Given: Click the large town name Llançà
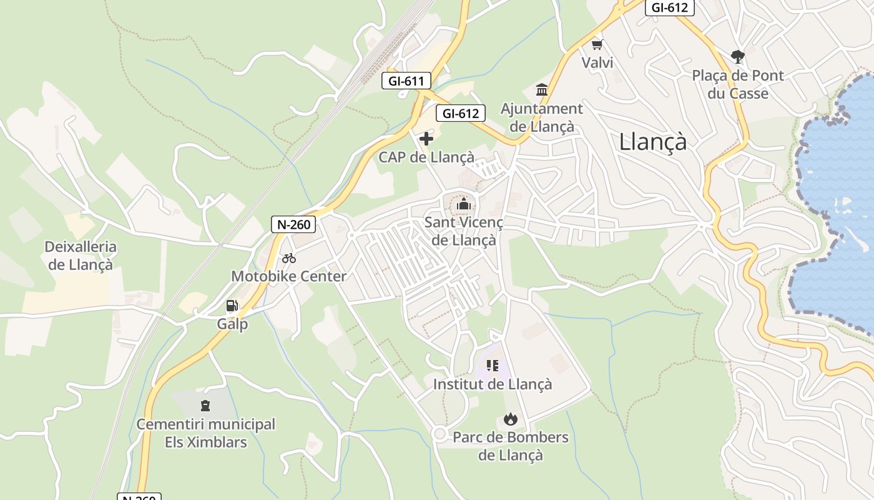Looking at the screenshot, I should coord(652,142).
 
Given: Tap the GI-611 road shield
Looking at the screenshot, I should coord(406,81).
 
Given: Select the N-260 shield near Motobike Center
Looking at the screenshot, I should coord(293,224).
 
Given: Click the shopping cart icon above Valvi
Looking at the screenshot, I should coord(597,44).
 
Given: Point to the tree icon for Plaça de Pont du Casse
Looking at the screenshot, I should coord(738,57).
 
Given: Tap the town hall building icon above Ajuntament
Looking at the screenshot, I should coord(542,90).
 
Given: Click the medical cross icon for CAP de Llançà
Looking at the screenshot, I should coord(426,138).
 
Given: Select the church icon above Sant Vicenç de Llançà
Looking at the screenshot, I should coord(464,204).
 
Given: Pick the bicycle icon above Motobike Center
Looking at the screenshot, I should coord(288,257).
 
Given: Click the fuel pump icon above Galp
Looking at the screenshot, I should coord(232,306).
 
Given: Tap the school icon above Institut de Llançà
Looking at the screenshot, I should coord(493,365).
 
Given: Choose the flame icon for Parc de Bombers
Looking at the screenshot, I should coord(511,419).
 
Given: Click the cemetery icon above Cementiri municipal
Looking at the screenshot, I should coord(205,406).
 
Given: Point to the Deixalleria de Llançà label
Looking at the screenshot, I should coord(81,256).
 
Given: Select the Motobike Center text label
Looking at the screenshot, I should coord(288,276).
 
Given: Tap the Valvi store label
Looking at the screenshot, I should coord(597,62).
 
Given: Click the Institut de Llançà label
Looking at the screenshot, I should coord(493,384).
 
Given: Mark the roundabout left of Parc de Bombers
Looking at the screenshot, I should coord(439,433).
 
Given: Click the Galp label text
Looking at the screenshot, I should coord(232,324).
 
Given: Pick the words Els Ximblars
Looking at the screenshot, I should coord(206,442).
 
